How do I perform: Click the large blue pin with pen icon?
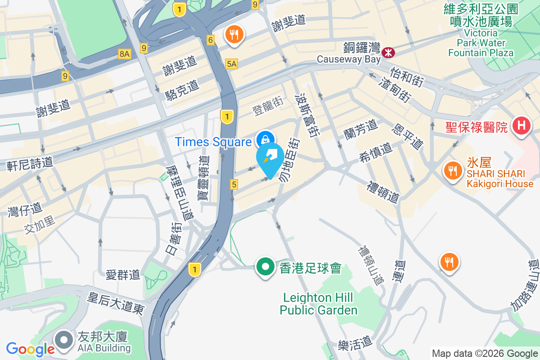click(x=270, y=158)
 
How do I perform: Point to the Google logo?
click(x=30, y=349)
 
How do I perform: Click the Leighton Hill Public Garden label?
click(x=319, y=304)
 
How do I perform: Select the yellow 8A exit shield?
click(x=125, y=54)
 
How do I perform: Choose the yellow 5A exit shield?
click(x=232, y=64)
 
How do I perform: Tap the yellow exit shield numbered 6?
click(x=211, y=40)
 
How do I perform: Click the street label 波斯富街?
click(x=306, y=115)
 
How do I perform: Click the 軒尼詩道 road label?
click(x=30, y=164)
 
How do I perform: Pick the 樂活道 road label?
click(x=355, y=345)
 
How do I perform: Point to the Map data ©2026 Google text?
click(x=485, y=353)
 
